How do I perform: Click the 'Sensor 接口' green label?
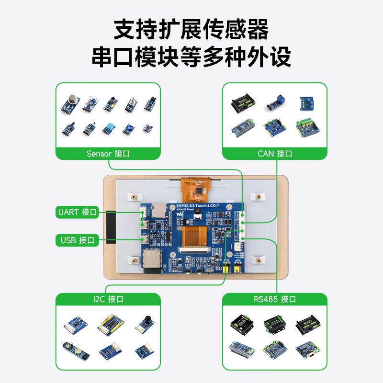click(x=108, y=154)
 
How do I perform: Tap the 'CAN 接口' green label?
click(x=274, y=154)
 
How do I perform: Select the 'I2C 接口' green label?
click(x=108, y=299)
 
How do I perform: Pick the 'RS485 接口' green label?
click(x=274, y=299)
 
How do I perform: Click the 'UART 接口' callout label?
click(x=77, y=212)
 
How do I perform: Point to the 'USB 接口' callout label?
click(x=77, y=240)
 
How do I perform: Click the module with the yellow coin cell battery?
click(x=71, y=350)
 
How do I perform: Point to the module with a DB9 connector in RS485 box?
click(x=306, y=350)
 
